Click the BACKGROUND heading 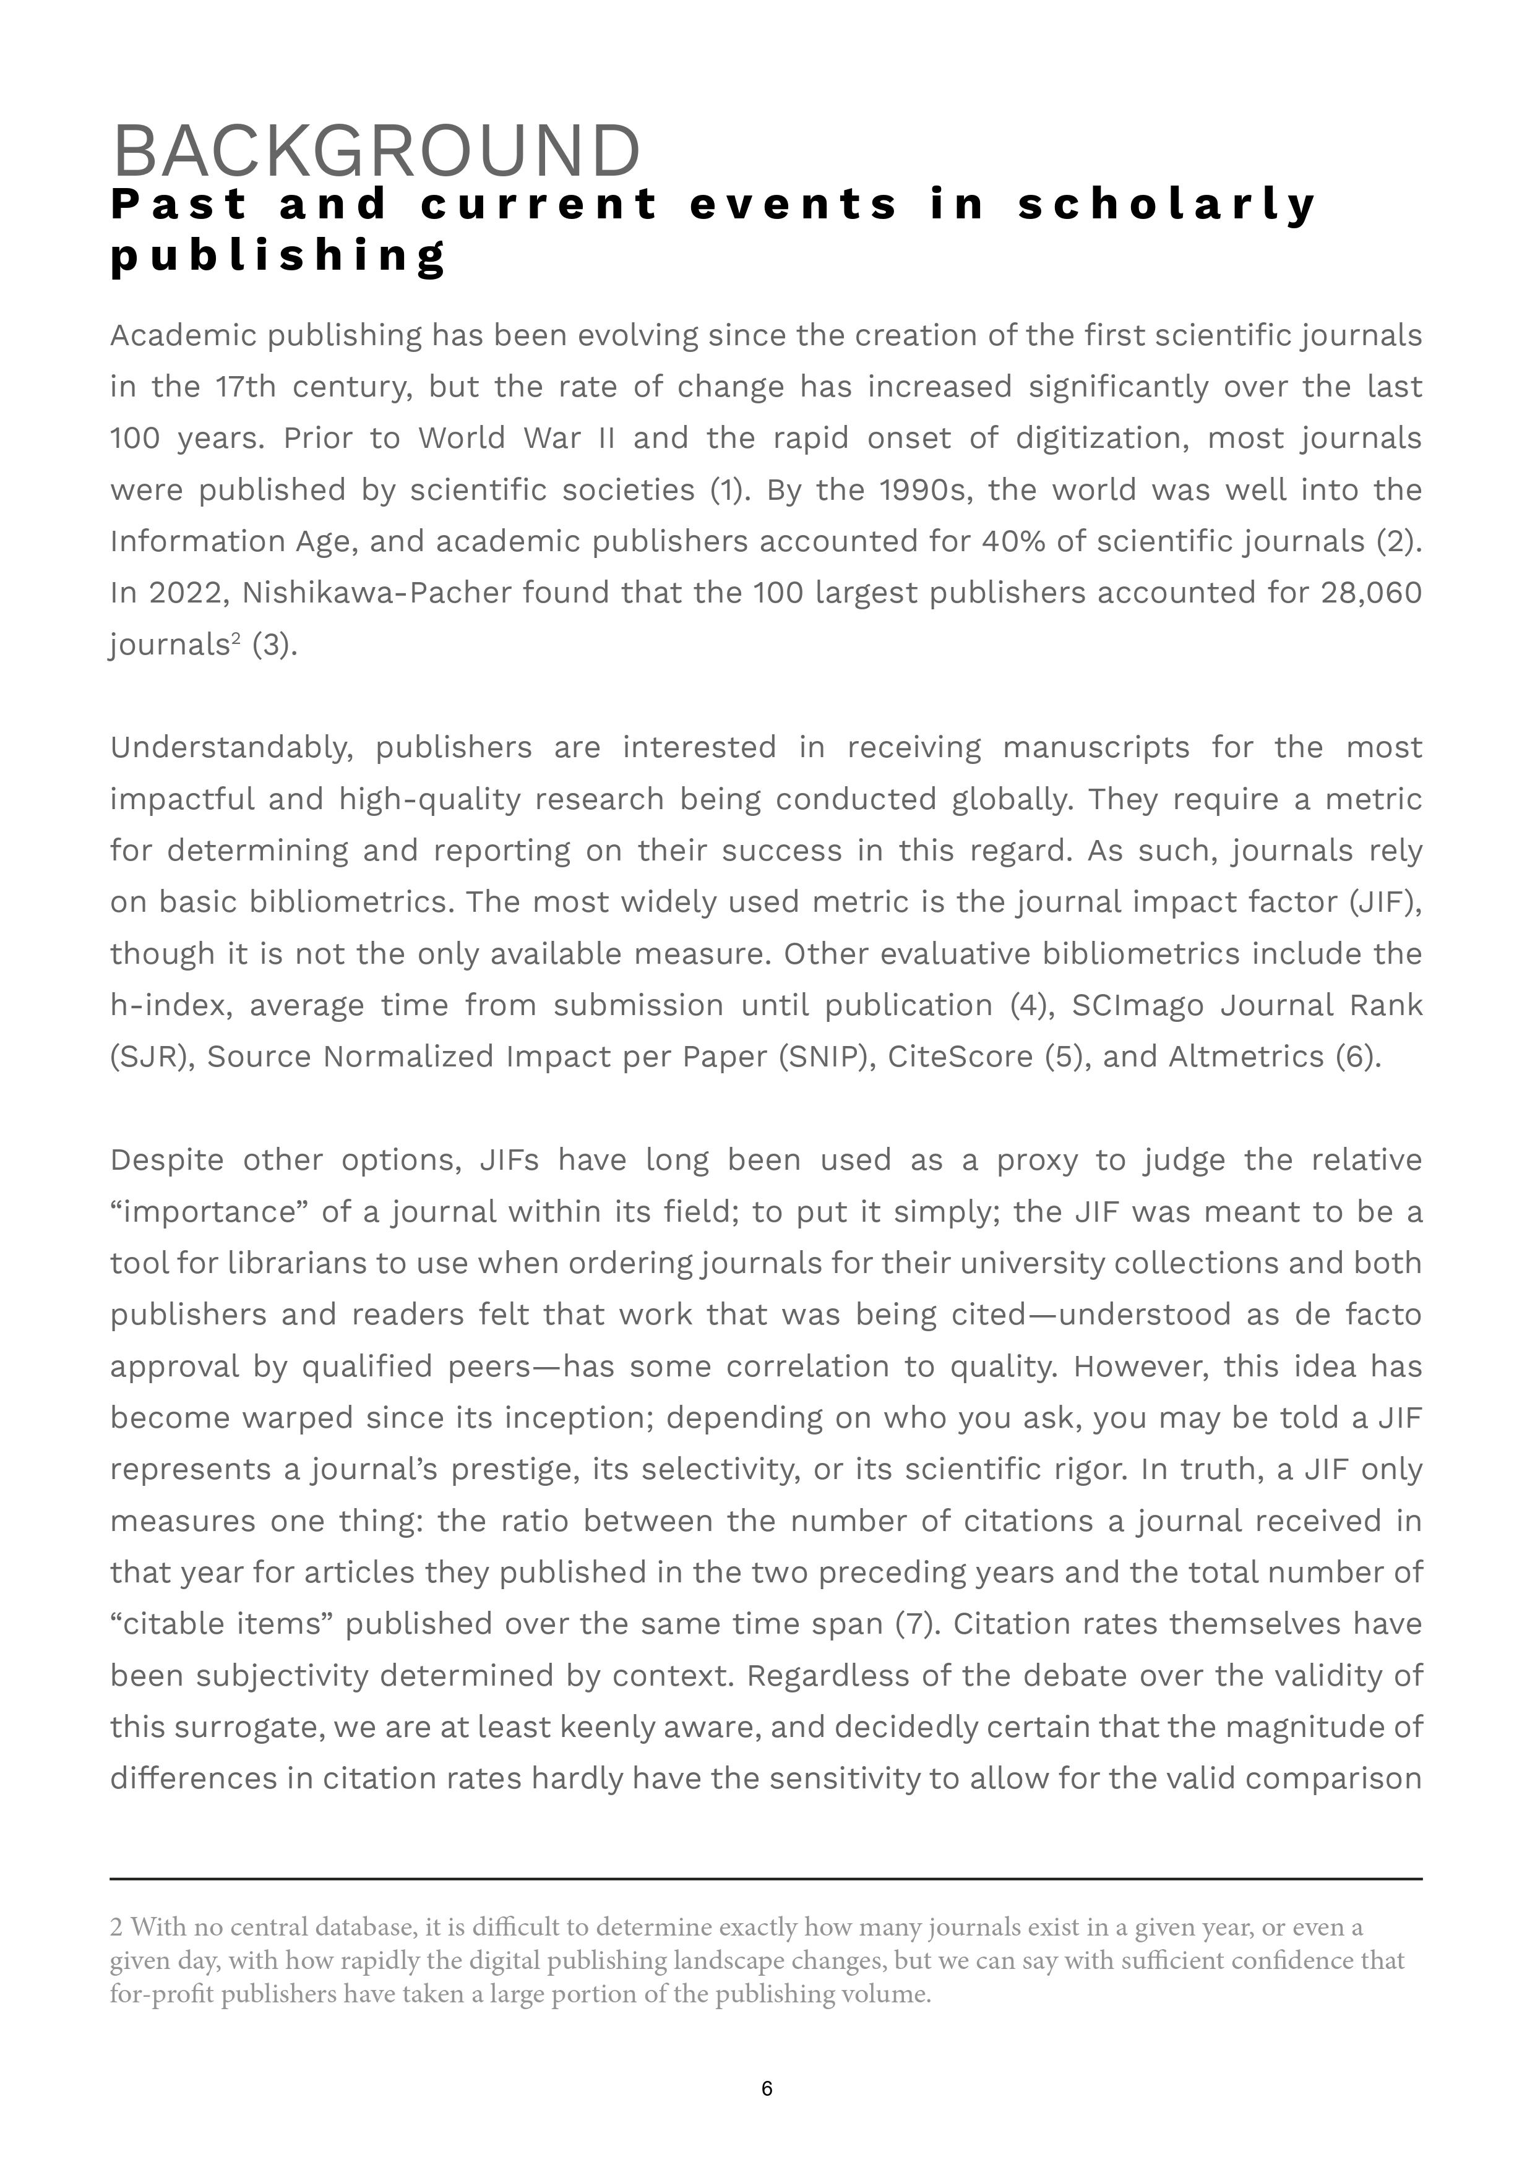[x=376, y=151]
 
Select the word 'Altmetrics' [x=1246, y=1057]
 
